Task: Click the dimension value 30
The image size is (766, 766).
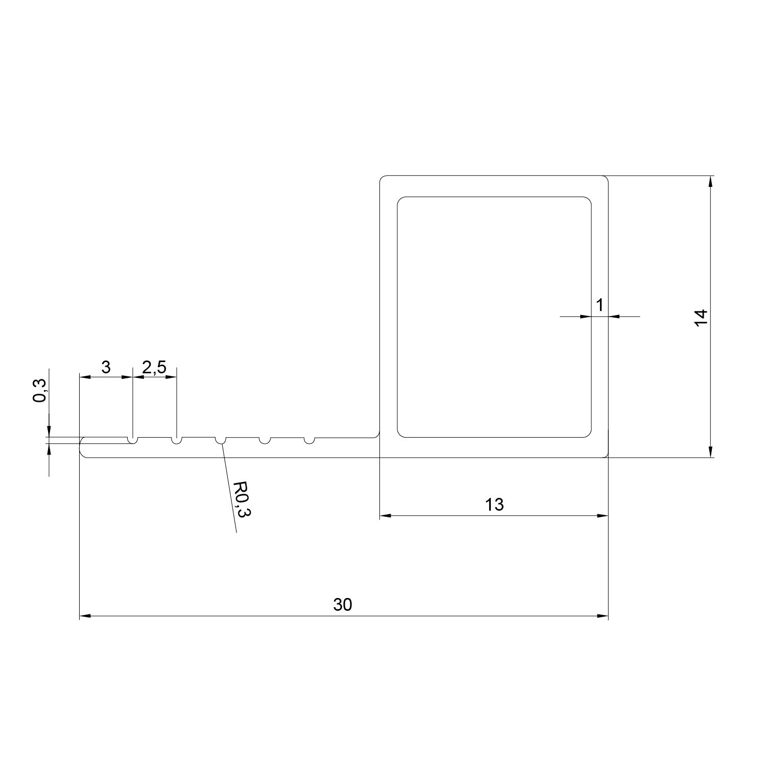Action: pos(343,605)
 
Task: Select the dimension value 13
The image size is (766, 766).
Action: pos(494,505)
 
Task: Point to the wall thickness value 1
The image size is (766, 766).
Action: pos(600,305)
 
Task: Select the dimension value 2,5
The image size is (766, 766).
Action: pos(154,367)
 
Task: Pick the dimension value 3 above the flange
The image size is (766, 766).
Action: pos(106,367)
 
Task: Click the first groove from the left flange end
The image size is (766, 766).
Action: pos(132,440)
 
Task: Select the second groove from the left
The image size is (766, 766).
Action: pos(176,440)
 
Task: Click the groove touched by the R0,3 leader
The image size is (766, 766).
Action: pos(221,440)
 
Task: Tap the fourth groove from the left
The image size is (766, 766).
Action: pos(265,440)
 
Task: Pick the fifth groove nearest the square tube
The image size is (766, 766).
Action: pos(309,440)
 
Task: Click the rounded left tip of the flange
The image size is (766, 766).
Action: pos(82,447)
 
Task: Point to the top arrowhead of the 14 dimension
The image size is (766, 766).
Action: pos(710,180)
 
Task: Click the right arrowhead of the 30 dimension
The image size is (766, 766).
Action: pos(605,616)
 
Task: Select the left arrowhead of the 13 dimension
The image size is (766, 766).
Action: pos(385,516)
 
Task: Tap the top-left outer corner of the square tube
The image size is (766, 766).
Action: pos(382,178)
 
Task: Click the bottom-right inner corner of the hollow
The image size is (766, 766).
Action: pos(589,435)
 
